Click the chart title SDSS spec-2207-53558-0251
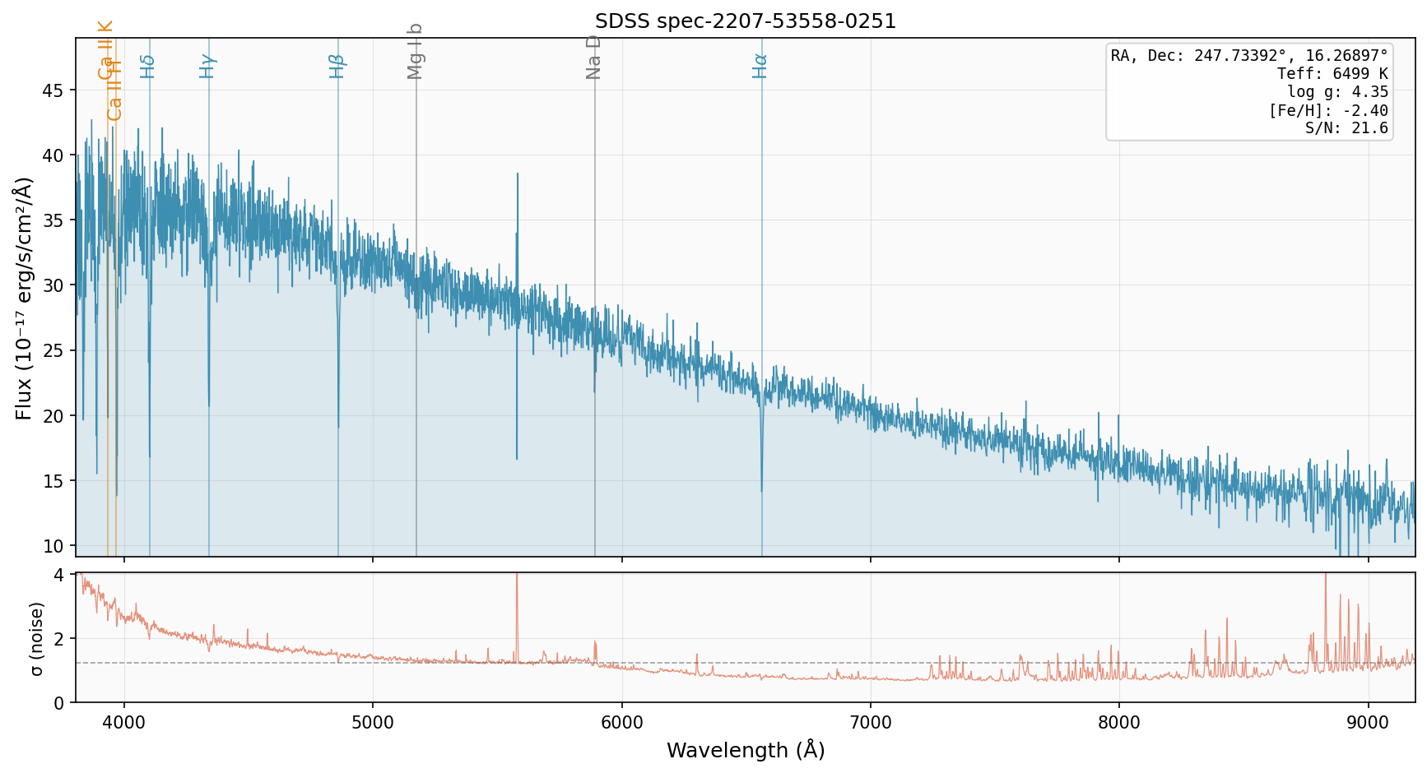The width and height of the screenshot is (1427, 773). point(746,21)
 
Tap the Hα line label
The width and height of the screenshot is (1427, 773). point(760,66)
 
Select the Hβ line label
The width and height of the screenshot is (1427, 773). point(337,66)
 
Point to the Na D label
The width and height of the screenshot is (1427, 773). point(593,57)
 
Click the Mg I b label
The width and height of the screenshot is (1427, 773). point(415,51)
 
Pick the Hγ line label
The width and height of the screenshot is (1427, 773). point(207,66)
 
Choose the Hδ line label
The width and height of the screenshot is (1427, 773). point(148,66)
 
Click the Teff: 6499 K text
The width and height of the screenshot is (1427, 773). point(1332,74)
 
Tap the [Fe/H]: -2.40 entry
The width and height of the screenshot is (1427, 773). point(1328,111)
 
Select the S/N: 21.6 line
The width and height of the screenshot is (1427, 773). point(1346,128)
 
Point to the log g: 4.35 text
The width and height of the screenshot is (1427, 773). point(1337,92)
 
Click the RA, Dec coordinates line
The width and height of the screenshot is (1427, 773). point(1249,56)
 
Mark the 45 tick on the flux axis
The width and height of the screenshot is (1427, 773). point(53,90)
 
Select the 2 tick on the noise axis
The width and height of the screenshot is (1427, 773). point(58,639)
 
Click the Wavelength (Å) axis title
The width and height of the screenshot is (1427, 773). point(746,750)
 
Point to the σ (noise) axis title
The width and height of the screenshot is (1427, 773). point(36,638)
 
